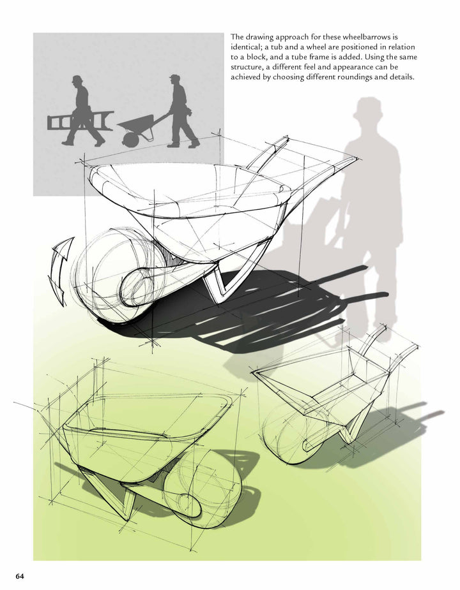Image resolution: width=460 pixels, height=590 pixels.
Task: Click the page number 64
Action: (20, 577)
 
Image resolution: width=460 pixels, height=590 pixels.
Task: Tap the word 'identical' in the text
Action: (248, 48)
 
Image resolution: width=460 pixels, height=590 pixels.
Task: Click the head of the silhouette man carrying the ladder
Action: (77, 80)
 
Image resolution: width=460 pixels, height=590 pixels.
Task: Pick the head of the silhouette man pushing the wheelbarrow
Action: (174, 80)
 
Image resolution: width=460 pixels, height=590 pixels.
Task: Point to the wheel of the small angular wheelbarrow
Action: (287, 434)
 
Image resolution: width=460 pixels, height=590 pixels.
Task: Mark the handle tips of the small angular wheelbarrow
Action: (383, 333)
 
